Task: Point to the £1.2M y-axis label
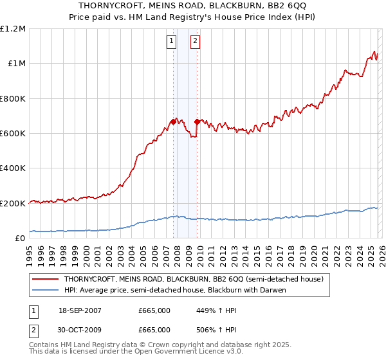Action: point(14,29)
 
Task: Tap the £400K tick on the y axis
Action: point(14,168)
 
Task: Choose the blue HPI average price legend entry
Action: point(174,290)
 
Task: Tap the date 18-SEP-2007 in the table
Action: point(80,310)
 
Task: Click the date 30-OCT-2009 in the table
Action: point(80,329)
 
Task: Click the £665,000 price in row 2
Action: point(154,329)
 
